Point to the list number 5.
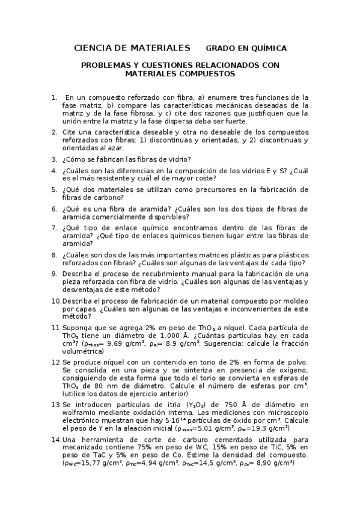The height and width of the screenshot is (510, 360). (54, 189)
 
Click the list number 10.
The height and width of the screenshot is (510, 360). (56, 300)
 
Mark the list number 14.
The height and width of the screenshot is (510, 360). (56, 440)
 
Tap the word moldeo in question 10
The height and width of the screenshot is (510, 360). (295, 300)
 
